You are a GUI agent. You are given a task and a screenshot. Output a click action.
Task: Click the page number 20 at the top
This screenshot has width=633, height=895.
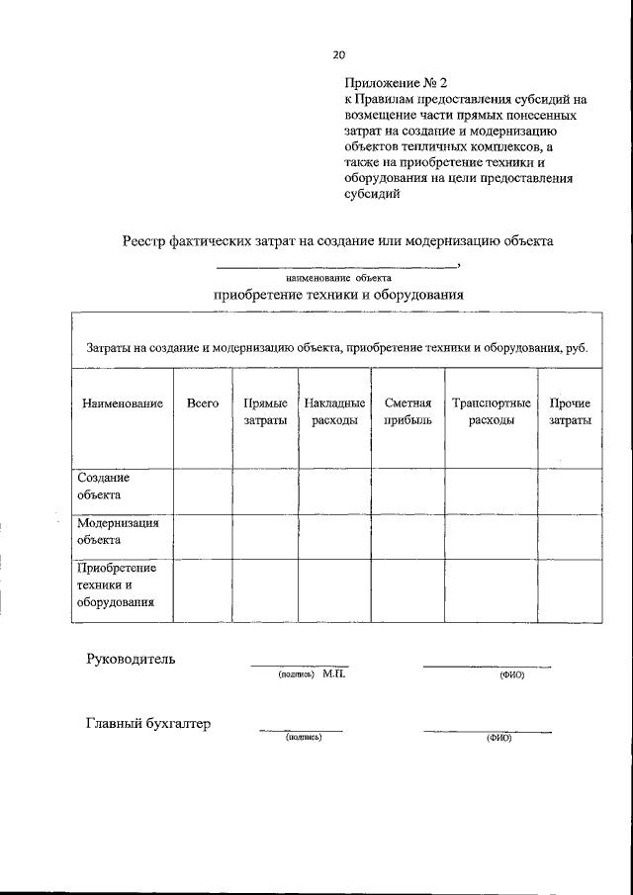tap(339, 54)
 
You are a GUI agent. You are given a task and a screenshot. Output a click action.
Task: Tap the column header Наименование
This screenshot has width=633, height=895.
tap(123, 403)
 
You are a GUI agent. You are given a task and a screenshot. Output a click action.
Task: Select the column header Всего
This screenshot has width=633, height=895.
tap(202, 403)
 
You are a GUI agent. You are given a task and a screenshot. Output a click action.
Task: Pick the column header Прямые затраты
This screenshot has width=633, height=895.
tap(265, 411)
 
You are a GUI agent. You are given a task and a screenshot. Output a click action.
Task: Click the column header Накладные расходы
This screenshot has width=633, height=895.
tap(334, 411)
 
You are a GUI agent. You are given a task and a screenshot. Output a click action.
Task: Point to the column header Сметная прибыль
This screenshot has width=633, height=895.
tap(407, 411)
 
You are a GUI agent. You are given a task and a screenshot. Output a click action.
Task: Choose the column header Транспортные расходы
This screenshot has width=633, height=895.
tap(491, 411)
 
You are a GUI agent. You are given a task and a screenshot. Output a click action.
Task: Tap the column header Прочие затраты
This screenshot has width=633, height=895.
tap(570, 411)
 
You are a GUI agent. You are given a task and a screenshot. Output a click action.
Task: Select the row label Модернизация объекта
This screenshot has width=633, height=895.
tap(118, 531)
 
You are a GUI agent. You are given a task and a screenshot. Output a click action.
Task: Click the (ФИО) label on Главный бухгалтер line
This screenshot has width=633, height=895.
tap(498, 739)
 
